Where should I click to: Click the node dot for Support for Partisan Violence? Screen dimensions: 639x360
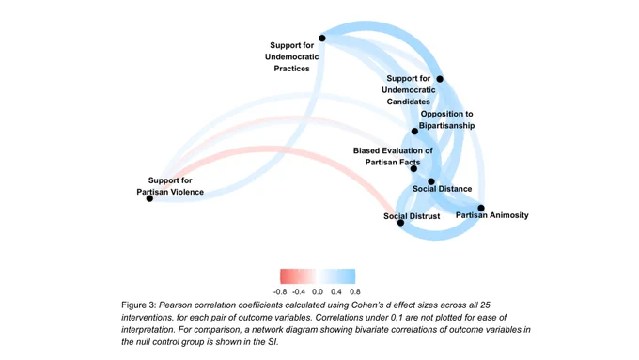[x=149, y=198]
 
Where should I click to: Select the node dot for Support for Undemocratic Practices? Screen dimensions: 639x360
[x=322, y=39]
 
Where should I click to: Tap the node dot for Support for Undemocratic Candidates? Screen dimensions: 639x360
[x=440, y=79]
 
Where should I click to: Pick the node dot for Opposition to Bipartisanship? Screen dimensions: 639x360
[x=414, y=132]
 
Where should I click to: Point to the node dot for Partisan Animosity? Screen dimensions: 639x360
[x=481, y=208]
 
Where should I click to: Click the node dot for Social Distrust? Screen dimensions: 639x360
[x=400, y=223]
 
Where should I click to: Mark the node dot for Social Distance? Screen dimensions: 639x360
[x=431, y=181]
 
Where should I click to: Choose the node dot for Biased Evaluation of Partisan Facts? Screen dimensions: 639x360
[x=413, y=169]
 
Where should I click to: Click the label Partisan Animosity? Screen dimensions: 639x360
[x=491, y=215]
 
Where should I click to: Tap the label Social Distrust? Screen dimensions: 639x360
[x=412, y=216]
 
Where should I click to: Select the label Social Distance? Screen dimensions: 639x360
[x=443, y=189]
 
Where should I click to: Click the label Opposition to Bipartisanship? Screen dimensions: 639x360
[x=446, y=120]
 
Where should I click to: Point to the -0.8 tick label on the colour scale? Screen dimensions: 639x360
[x=280, y=292]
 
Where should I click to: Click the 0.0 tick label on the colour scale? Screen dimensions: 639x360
[x=318, y=292]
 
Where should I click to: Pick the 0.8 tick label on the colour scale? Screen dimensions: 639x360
[x=355, y=292]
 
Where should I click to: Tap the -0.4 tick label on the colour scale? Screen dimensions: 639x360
[x=299, y=292]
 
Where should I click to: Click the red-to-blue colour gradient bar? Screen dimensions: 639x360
[x=318, y=276]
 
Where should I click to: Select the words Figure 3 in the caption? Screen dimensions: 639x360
[x=138, y=305]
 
